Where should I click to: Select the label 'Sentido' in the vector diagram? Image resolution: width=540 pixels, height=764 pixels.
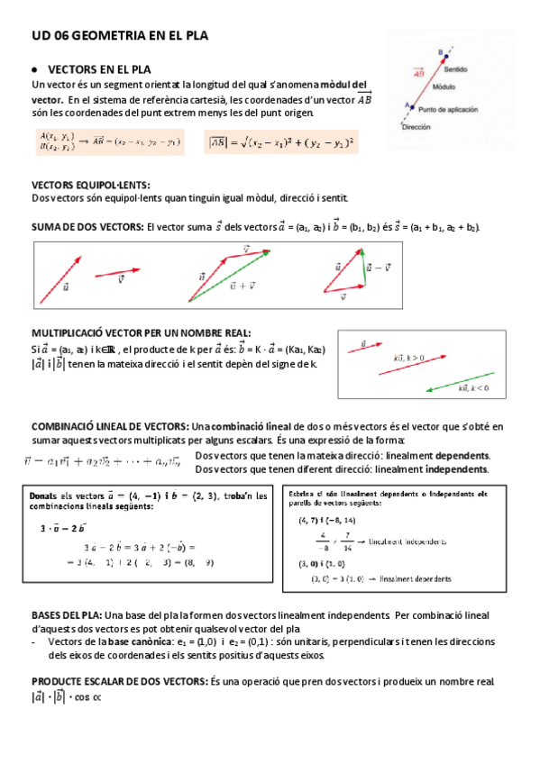click(455, 68)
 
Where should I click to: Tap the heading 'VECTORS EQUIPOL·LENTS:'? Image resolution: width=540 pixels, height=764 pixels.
click(84, 185)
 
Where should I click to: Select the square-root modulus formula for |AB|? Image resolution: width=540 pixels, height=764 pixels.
click(281, 141)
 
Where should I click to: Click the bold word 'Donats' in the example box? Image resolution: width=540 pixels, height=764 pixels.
click(44, 496)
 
